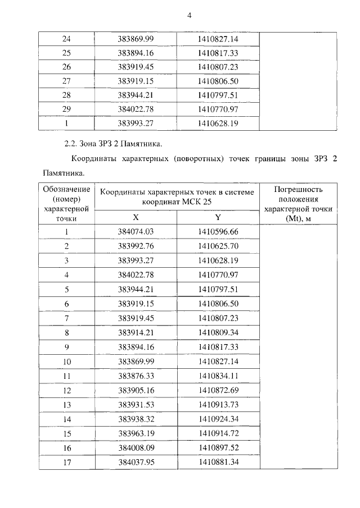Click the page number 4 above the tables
point(189,15)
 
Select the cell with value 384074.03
point(136,231)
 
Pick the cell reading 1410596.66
point(218,231)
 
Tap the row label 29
point(66,109)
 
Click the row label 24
point(66,39)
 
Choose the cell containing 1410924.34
point(218,419)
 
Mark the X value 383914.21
point(136,332)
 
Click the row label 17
point(66,462)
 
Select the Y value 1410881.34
point(218,462)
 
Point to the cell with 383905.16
point(136,390)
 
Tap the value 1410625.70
point(218,246)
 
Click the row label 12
point(66,390)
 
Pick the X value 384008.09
point(136,447)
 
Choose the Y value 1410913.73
point(218,405)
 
